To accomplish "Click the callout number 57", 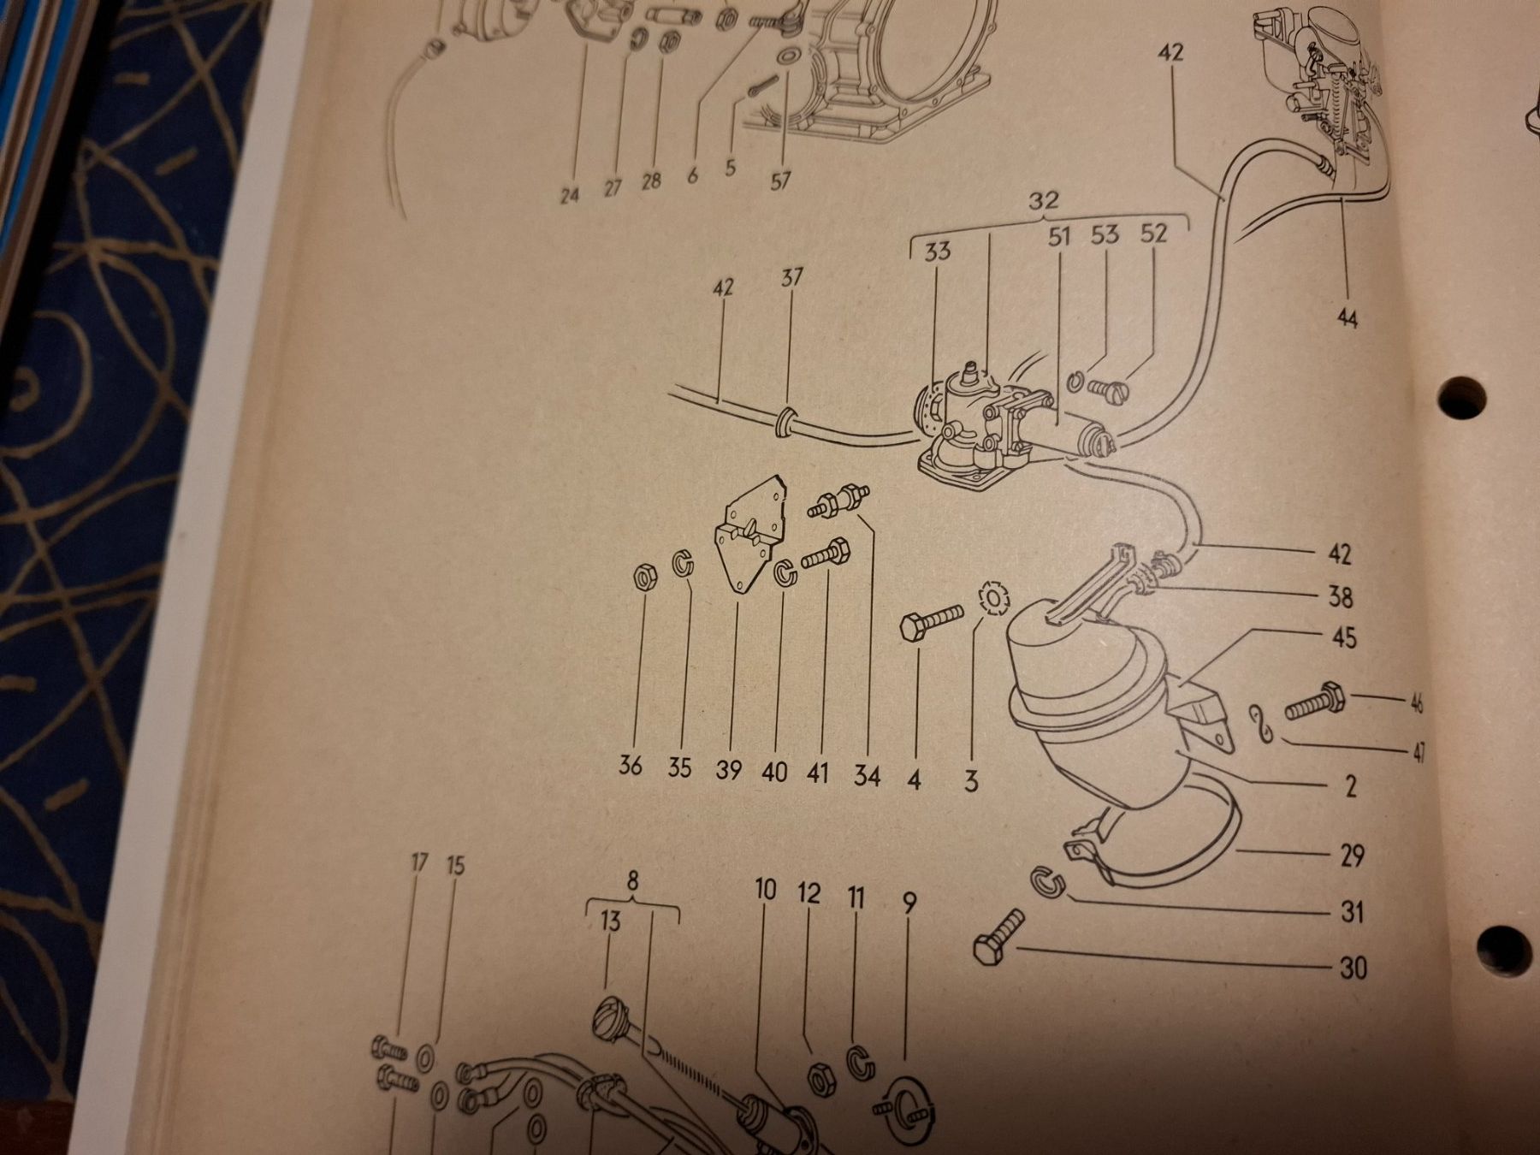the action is pos(780,181).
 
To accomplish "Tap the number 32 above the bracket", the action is pos(1044,201).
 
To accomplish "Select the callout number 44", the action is pos(1347,319).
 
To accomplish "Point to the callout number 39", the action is pos(728,770).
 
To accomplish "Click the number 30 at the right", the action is pos(1352,968).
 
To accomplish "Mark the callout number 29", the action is pos(1352,855).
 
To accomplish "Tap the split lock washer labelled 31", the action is pos(1045,883).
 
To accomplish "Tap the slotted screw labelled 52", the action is pos(1110,388).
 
